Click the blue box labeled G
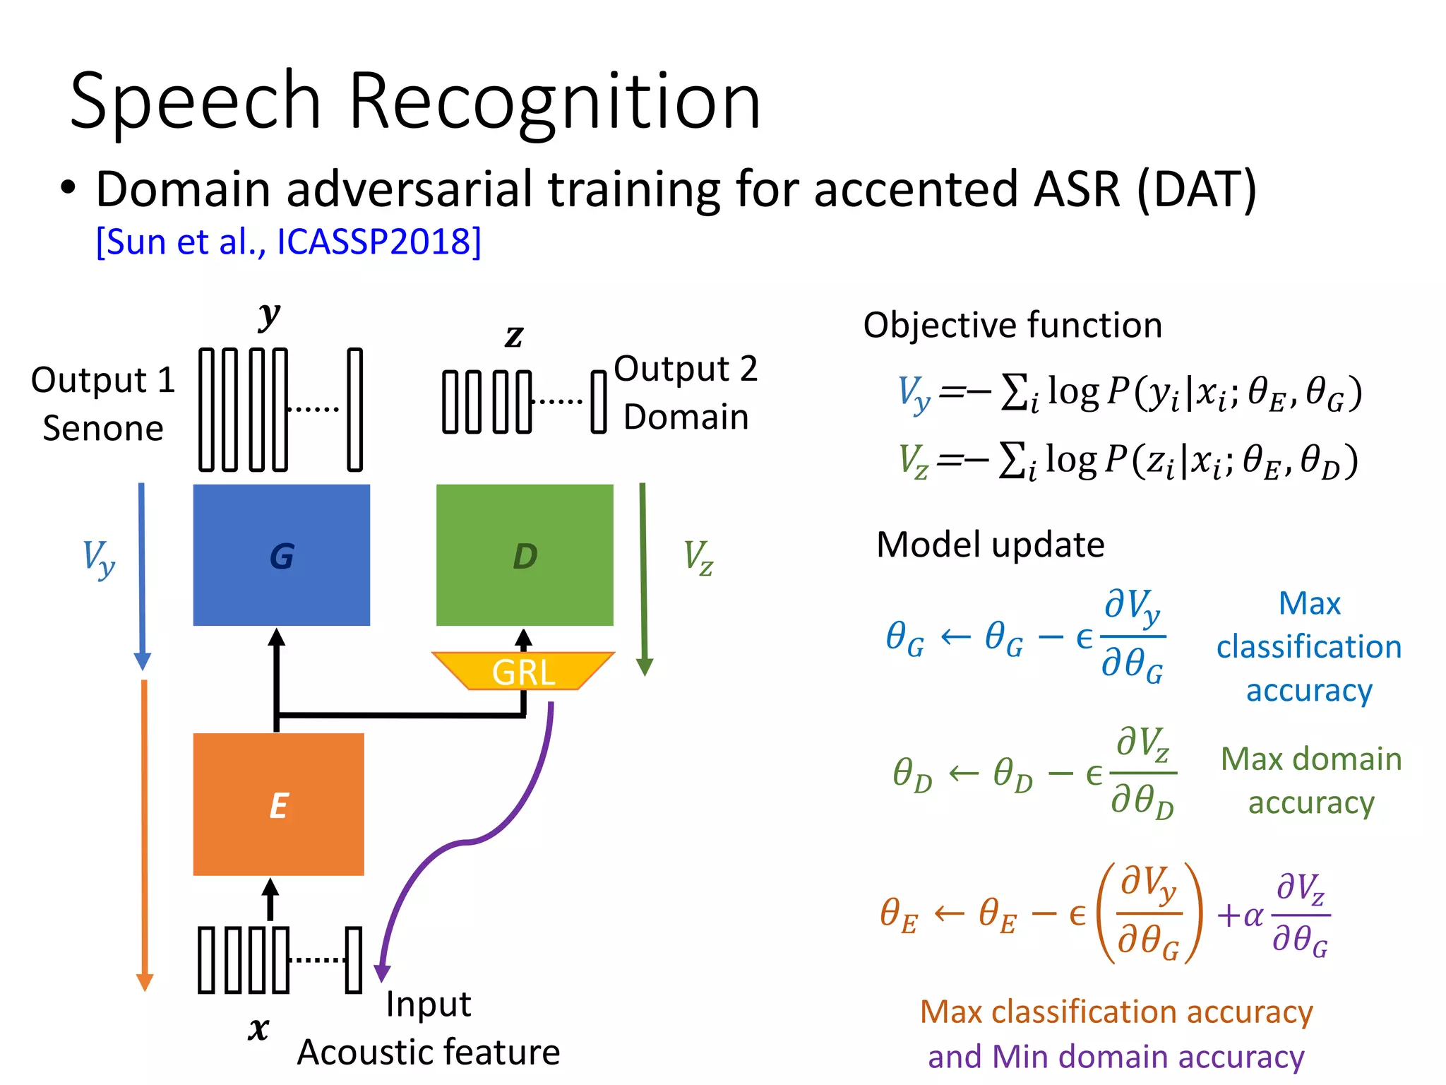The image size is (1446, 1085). point(281,555)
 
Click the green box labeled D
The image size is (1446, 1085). point(524,555)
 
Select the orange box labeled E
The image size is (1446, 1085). point(278,804)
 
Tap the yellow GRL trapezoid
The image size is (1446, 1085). point(522,670)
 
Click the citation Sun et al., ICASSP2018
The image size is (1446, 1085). point(288,242)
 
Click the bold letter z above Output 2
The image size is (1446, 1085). point(514,336)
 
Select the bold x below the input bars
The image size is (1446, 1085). point(258,1028)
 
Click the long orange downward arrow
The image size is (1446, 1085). point(144,834)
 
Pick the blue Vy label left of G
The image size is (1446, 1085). point(98,558)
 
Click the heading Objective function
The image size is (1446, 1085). point(1012,325)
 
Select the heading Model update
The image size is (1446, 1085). point(990,545)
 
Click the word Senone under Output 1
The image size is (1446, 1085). point(103,428)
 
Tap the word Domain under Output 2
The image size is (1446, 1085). point(686,416)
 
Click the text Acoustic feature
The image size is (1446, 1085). point(428,1052)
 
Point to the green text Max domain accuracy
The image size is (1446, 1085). point(1310,781)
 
